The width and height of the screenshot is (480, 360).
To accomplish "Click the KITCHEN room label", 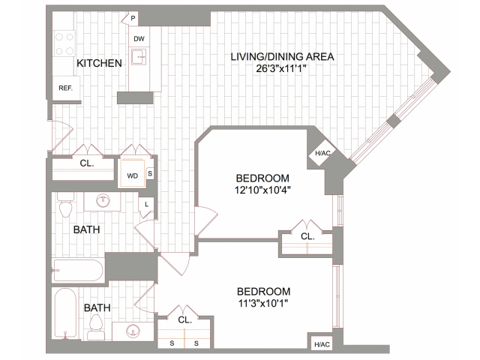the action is click(99, 64).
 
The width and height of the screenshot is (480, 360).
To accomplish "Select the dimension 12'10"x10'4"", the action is click(262, 190).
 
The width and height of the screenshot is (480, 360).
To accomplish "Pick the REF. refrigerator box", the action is click(64, 88).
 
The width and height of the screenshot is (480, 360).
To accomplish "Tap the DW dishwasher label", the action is click(139, 39).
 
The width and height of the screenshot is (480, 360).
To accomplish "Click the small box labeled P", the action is click(132, 17).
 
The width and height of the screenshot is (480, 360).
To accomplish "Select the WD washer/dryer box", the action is click(132, 177).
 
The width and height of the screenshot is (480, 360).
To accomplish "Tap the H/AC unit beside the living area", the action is click(322, 154).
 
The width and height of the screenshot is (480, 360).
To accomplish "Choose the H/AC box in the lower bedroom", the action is click(322, 344).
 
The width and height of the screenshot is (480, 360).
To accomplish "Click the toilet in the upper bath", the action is click(64, 207).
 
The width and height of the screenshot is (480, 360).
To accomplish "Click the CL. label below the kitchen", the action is click(86, 163).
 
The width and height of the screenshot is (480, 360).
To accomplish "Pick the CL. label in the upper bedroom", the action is click(307, 235).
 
